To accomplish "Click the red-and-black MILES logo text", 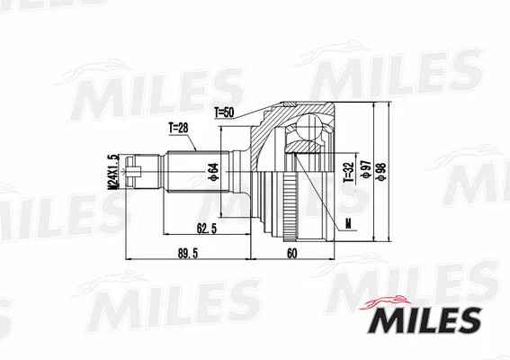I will tap(429, 318).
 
